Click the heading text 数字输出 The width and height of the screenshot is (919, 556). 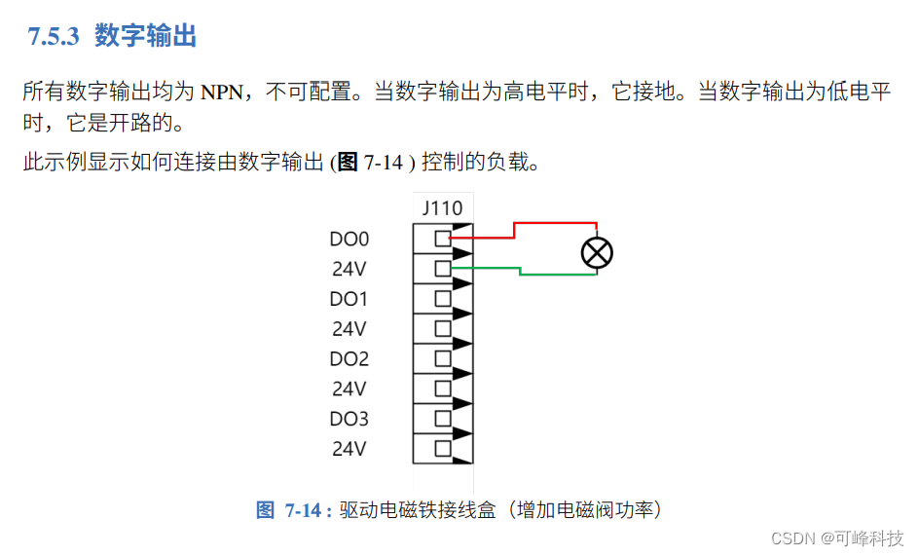click(146, 37)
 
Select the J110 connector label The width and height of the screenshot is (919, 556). click(443, 208)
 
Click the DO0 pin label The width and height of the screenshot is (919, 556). click(349, 239)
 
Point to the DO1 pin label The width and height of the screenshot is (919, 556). click(349, 299)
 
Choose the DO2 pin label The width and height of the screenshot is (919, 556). click(349, 358)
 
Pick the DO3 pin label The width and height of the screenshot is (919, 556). click(349, 419)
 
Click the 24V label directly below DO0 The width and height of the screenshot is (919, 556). click(349, 269)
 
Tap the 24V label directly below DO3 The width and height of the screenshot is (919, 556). click(349, 449)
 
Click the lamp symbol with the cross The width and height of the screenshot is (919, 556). click(597, 253)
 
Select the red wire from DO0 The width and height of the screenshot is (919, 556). click(514, 230)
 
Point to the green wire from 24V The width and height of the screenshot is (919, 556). click(520, 271)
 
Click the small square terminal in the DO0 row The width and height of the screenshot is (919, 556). click(443, 238)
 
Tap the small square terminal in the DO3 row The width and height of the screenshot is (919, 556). click(443, 418)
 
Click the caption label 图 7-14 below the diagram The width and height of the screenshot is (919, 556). click(293, 510)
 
